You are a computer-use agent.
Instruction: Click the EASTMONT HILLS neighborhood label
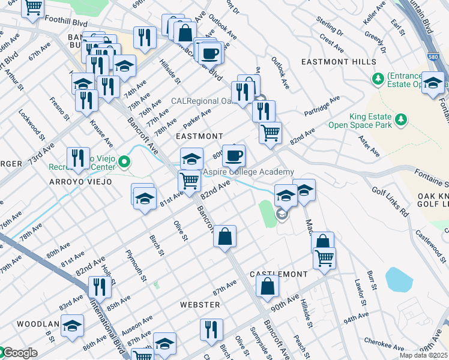[x=339, y=62]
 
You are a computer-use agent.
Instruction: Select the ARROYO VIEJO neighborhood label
[x=80, y=182]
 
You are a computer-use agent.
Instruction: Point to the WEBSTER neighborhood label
[x=200, y=305]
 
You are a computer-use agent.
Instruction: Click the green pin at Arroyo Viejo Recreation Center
[x=124, y=161]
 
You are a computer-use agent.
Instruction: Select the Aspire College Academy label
[x=247, y=172]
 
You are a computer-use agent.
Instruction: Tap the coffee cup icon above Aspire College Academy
[x=234, y=156]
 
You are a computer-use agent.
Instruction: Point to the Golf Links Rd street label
[x=390, y=202]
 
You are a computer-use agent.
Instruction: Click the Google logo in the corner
[x=19, y=353]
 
